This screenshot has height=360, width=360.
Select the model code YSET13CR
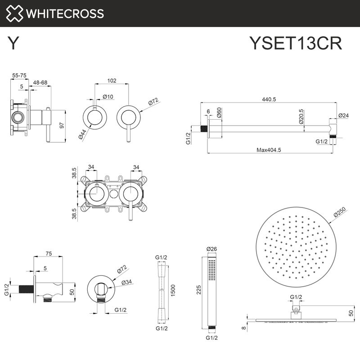(296, 44)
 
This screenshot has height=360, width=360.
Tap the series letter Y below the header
(13, 44)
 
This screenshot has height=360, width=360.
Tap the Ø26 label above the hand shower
(211, 249)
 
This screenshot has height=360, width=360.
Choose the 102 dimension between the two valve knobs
(112, 81)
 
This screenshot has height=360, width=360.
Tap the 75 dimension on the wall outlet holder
(48, 254)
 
